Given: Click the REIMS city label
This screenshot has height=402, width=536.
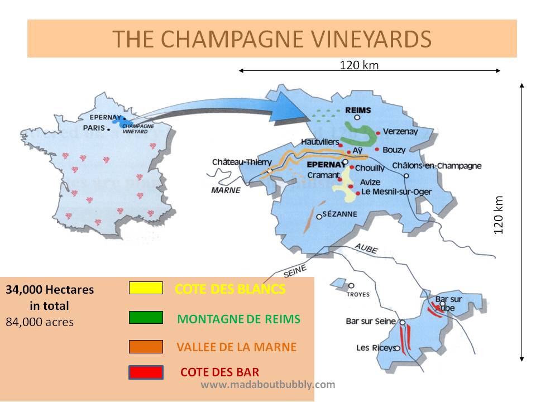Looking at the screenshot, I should [358, 110].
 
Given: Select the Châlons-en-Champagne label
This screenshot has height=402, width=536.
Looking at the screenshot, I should [437, 166].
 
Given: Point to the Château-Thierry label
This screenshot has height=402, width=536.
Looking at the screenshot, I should [242, 162].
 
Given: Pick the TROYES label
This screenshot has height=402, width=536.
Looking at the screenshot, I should [358, 294].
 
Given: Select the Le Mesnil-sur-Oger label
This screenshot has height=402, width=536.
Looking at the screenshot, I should [396, 192].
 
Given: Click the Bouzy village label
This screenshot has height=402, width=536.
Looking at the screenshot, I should [394, 150].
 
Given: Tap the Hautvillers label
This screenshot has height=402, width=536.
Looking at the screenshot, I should [320, 142].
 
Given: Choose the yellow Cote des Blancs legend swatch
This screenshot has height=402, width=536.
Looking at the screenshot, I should [146, 288].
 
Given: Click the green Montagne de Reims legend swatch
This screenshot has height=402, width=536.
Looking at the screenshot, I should [146, 318].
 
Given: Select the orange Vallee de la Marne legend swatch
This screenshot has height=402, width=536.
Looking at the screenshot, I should [146, 347].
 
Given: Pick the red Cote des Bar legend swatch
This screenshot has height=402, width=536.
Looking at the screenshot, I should [146, 372].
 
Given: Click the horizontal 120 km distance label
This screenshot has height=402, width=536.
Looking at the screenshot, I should [359, 65].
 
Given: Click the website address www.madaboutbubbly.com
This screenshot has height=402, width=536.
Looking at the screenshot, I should [268, 385].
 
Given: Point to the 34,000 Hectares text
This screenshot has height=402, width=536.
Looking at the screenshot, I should [50, 290].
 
